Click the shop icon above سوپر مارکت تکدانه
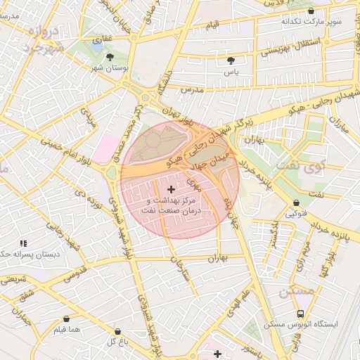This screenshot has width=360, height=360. [x=311, y=11]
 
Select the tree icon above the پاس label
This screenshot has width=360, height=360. [x=231, y=60]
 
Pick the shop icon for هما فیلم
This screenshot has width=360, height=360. [x=67, y=319]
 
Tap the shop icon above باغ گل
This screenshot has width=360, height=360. [x=117, y=330]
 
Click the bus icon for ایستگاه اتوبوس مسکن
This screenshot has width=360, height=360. [x=301, y=314]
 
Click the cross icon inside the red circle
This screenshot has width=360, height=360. [x=172, y=189]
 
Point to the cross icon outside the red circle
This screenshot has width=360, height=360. [x=217, y=353]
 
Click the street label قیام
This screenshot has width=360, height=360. [x=212, y=26]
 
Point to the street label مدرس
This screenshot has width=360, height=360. [x=191, y=91]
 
